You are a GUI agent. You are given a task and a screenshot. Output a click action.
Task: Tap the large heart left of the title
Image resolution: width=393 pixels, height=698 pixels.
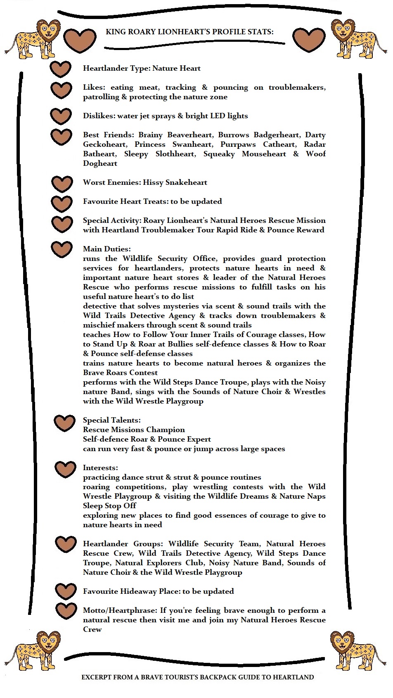point(80,39)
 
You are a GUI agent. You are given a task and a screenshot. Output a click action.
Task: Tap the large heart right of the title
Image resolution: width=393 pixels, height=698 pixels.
point(309,39)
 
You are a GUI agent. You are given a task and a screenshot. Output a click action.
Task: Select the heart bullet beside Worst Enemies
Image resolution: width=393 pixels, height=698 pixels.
point(62,184)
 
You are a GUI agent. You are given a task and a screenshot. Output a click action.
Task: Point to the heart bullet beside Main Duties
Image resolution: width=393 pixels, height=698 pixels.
point(62,249)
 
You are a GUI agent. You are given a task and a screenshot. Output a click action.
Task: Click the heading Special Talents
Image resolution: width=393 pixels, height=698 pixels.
point(111,420)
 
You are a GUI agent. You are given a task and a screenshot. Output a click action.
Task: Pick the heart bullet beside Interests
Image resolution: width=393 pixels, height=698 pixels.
point(65,469)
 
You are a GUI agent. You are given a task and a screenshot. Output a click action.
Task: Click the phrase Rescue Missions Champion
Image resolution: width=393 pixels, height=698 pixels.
point(134,430)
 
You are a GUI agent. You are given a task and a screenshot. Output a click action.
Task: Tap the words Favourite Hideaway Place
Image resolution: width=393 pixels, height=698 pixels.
point(131,591)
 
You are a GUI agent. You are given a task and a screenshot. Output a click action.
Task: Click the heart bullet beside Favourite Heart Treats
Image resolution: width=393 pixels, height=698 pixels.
point(62,203)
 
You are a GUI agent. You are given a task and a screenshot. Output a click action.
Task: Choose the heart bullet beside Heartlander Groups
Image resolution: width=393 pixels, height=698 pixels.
point(65,544)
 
